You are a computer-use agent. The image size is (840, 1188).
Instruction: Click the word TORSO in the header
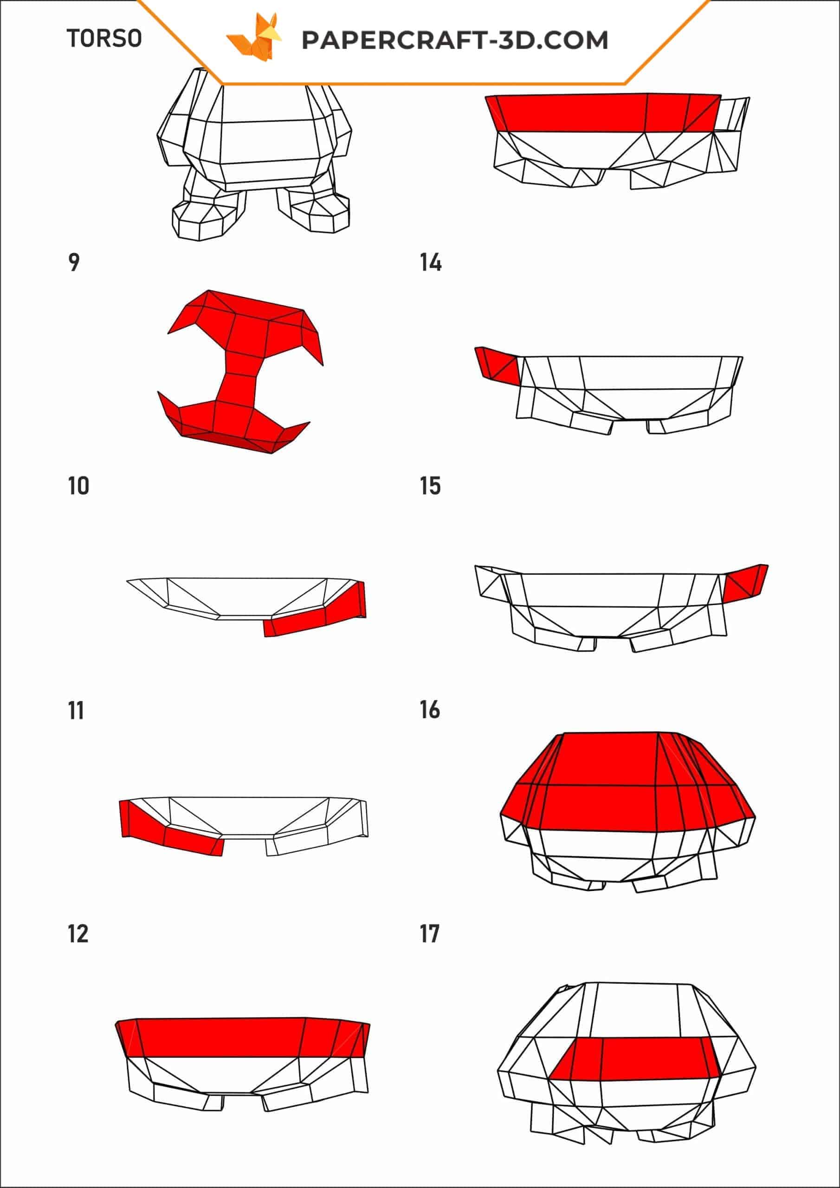coord(104,39)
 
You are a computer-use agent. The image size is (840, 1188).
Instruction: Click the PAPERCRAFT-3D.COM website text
coord(455,40)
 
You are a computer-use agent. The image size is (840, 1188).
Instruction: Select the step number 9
coord(74,262)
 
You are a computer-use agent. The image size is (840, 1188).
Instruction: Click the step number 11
coord(76,710)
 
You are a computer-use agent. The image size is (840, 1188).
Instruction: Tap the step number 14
coord(431,262)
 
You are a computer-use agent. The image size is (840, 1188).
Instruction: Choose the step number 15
coord(430,486)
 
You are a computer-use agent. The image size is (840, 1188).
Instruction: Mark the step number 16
coord(430,710)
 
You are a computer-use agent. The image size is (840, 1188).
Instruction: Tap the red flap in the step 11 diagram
coord(171,828)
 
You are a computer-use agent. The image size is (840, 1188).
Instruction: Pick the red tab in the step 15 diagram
coord(745,582)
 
